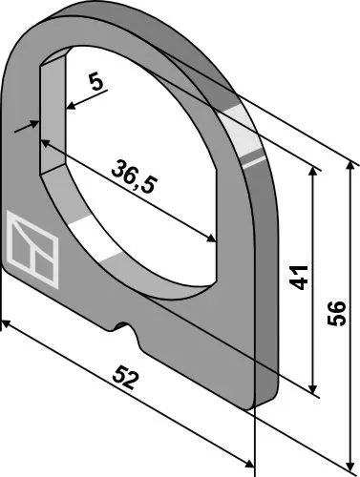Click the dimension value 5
96,83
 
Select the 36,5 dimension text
135,176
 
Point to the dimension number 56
336,313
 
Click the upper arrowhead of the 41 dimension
313,171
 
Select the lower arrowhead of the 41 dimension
313,388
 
